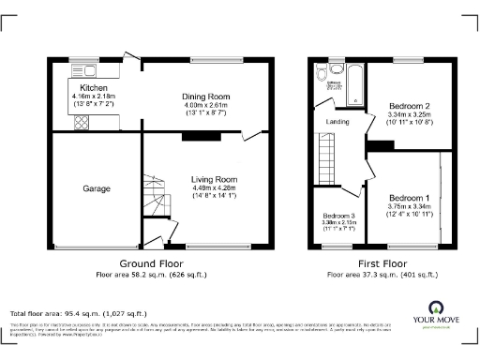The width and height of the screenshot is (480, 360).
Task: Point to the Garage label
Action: (96, 188)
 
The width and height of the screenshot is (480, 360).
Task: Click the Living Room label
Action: (214, 179)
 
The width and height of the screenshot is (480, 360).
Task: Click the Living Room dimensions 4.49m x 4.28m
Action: (214, 188)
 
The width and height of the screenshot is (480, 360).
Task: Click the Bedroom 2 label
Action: (409, 106)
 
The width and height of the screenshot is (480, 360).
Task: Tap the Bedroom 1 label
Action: (409, 199)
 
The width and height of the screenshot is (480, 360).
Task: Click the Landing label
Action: (338, 121)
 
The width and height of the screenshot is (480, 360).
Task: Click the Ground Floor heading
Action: (150, 264)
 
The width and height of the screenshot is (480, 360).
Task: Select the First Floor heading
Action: (382, 264)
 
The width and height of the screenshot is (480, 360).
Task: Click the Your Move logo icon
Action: (435, 307)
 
